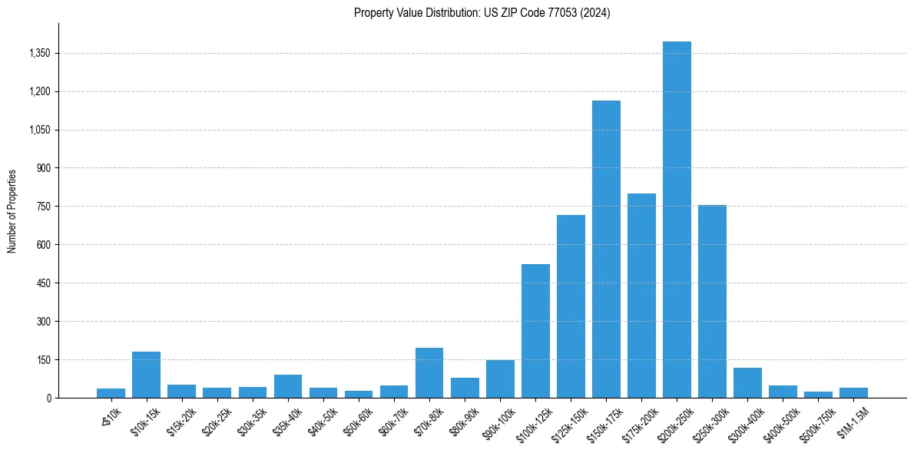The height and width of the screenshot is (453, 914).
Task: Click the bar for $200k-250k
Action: (677, 220)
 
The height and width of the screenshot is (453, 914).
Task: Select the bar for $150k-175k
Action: (606, 249)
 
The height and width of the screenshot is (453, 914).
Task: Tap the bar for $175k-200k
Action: (641, 296)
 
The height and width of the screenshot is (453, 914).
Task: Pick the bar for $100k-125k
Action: (535, 331)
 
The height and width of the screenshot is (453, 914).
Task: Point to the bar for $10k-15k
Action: (146, 375)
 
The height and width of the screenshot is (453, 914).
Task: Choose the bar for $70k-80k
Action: (429, 373)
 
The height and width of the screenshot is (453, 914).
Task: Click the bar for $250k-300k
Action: (712, 301)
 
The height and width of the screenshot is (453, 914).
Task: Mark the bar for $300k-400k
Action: (747, 382)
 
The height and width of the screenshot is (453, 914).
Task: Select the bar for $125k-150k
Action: (571, 306)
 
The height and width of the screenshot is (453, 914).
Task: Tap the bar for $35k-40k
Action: (288, 386)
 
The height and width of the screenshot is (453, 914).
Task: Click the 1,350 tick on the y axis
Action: (38, 53)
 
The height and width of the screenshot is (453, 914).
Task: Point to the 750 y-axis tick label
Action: (43, 207)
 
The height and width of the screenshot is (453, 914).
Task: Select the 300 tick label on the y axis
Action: (43, 322)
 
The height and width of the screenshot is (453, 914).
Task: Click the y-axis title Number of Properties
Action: (12, 211)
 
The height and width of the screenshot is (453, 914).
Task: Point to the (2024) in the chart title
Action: (597, 13)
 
